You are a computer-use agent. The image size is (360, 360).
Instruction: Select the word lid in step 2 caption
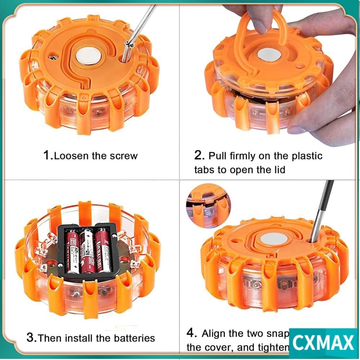277,170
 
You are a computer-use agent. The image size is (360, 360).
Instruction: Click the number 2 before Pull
199,156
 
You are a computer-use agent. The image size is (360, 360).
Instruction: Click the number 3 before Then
31,338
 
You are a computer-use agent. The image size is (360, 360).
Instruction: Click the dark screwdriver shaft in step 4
322,209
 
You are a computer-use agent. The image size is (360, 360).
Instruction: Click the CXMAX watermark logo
323,342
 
